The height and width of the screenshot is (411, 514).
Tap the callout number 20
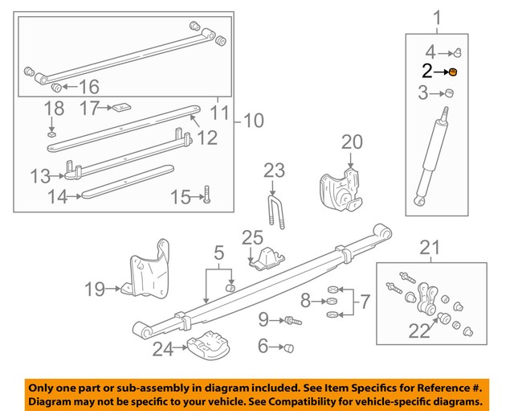(x=352, y=142)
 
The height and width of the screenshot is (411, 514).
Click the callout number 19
(x=95, y=288)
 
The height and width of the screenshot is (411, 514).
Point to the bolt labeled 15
(x=207, y=194)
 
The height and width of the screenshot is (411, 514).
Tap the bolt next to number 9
(x=292, y=321)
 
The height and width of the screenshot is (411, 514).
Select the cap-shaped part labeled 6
(x=290, y=347)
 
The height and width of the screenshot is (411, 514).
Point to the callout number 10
(x=253, y=121)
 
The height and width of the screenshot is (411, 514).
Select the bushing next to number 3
(x=450, y=94)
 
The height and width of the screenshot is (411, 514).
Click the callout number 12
(x=207, y=138)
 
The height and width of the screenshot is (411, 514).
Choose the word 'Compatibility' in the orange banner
(x=308, y=400)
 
